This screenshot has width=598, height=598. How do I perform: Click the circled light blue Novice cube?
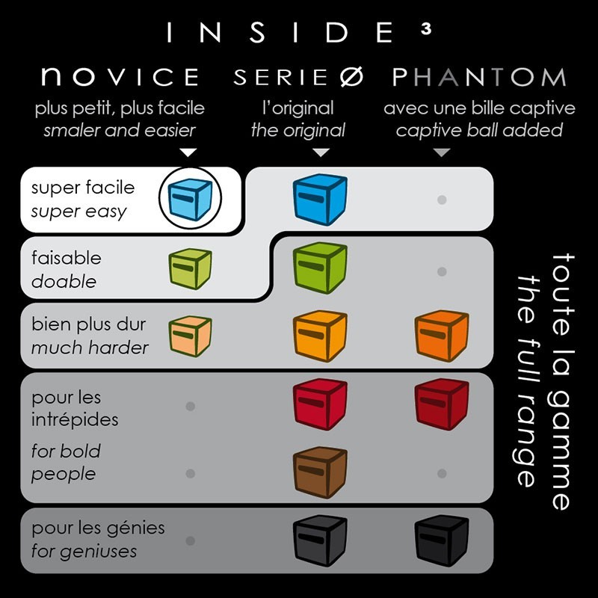point(190,199)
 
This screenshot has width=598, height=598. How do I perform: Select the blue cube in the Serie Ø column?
point(320,200)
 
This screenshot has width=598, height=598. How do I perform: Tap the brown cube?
point(320,472)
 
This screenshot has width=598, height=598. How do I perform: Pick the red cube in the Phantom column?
point(442,404)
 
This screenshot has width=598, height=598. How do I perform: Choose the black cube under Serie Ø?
point(320,540)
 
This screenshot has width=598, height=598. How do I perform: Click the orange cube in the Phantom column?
point(442,336)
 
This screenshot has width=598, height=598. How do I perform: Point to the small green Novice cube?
point(190,268)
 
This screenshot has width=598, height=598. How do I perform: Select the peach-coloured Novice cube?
point(190,336)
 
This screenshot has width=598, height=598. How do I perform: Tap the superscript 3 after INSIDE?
point(426,29)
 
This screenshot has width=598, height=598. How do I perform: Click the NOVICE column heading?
point(120,77)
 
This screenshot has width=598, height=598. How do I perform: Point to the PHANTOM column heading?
point(479,77)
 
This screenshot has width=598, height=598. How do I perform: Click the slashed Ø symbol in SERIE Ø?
point(351,77)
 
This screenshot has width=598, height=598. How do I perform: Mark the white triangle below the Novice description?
point(188,152)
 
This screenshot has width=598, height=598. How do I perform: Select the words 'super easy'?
point(78,212)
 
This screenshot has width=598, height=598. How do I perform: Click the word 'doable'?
point(64,282)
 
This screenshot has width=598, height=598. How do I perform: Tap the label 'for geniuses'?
point(84,552)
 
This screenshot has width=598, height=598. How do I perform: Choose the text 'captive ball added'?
point(479,130)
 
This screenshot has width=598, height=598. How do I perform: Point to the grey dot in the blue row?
point(442,200)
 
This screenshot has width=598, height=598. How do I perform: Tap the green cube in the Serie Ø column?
point(320,268)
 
